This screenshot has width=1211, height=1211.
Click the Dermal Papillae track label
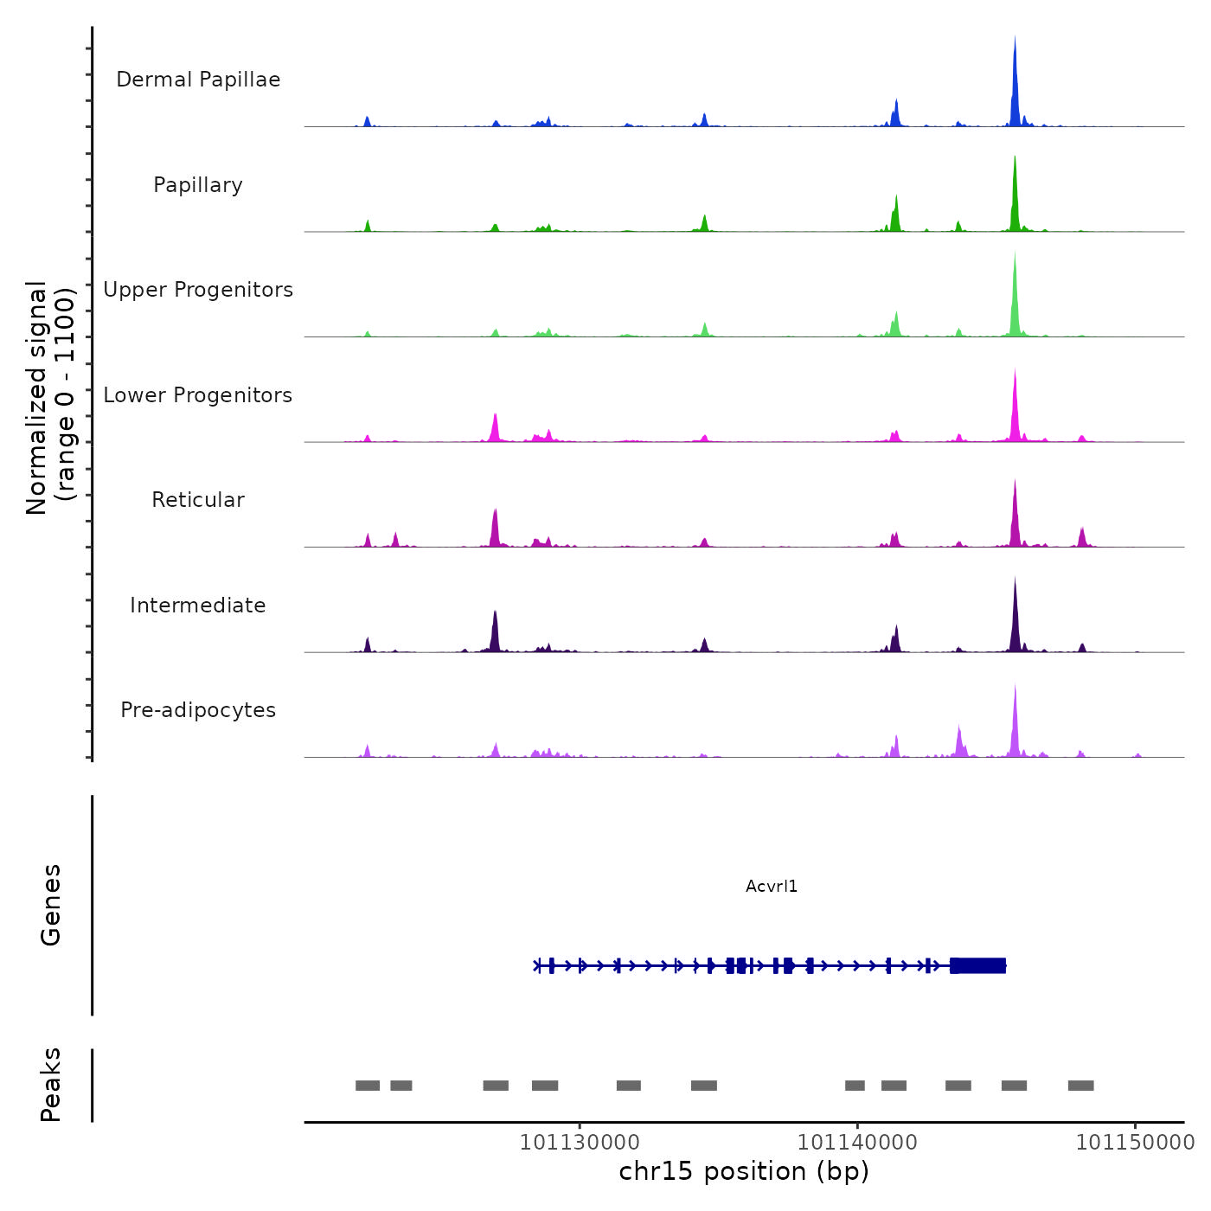click(x=198, y=80)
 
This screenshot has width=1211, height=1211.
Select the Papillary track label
click(x=198, y=185)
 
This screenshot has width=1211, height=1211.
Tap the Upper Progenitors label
click(x=198, y=290)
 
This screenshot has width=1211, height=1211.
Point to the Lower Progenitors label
click(x=198, y=395)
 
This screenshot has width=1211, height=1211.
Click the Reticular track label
click(x=198, y=500)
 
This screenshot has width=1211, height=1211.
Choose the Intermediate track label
click(x=198, y=605)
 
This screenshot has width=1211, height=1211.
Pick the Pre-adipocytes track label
click(x=198, y=710)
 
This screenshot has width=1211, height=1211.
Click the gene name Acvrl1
click(x=772, y=887)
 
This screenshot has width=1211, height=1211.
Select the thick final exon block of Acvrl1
click(x=978, y=965)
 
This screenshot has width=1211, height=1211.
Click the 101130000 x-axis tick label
click(x=580, y=1142)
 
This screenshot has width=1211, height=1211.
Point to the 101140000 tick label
click(x=857, y=1142)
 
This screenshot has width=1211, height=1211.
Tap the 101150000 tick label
click(x=1135, y=1142)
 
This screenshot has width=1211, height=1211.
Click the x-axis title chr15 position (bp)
click(x=744, y=1171)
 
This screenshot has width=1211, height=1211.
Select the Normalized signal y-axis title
click(x=50, y=398)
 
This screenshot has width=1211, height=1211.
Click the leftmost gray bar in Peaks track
click(x=368, y=1086)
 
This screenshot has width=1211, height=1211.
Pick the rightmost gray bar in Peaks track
click(x=1080, y=1086)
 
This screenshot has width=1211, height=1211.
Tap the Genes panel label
click(x=50, y=905)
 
